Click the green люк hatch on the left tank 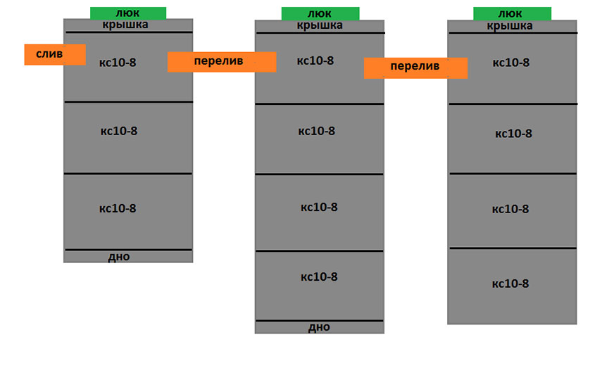point(128,13)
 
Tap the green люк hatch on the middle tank point(320,13)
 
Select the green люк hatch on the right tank point(512,13)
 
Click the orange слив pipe point(55,54)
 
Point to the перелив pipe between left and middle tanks point(222,62)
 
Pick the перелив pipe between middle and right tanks point(416,68)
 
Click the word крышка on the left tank point(125,25)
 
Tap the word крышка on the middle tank point(320,26)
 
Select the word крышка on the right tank point(510,26)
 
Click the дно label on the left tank point(118,257)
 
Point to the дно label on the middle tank point(319,327)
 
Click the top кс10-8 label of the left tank point(118,63)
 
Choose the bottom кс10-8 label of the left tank point(118,208)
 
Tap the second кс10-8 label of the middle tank point(317,131)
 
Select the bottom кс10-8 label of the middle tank point(319,277)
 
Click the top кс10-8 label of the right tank point(511,63)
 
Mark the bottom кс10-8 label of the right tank point(510,284)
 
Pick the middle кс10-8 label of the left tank point(119,131)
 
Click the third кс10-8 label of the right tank point(510,209)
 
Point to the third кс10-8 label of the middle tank point(319,207)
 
